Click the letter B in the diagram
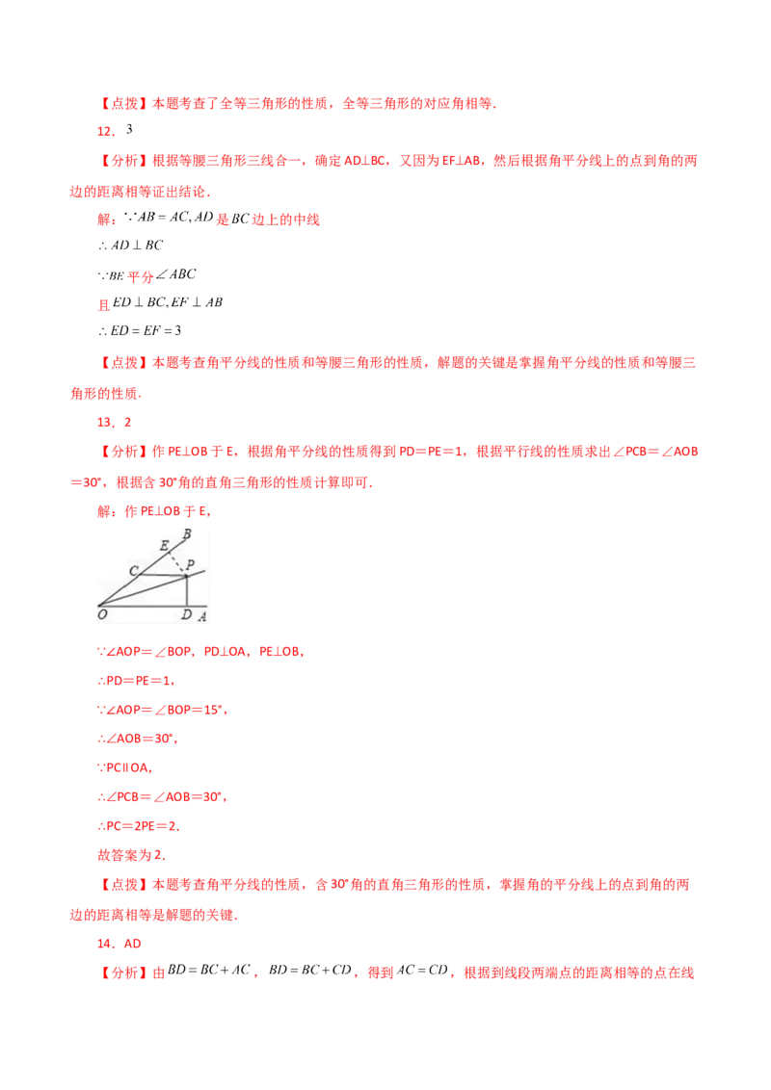click(186, 533)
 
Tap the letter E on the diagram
click(164, 546)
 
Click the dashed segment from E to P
click(177, 563)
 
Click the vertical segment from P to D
click(185, 591)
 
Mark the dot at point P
click(185, 576)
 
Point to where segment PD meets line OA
click(185, 606)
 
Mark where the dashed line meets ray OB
click(170, 553)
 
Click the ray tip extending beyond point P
click(204, 571)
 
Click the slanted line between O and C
click(118, 590)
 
